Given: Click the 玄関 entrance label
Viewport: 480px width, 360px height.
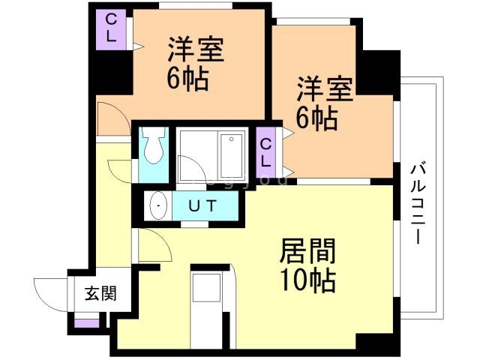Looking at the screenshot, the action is (100, 293).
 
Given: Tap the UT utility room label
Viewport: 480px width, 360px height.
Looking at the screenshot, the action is (202, 205).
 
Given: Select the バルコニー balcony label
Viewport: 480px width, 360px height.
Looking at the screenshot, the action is (418, 204).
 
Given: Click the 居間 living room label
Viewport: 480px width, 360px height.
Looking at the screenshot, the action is (307, 251).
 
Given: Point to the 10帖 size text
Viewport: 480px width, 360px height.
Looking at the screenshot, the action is (308, 280).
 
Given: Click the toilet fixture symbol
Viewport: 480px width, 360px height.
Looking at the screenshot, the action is (154, 145).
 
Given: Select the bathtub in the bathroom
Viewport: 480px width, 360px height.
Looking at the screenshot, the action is (232, 155).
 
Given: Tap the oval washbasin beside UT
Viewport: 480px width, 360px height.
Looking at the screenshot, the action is (159, 205).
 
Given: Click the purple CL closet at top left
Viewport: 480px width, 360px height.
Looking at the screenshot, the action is (111, 29).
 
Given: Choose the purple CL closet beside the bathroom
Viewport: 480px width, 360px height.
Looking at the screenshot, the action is (265, 152).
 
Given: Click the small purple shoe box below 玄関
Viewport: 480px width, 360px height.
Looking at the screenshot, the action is (87, 323).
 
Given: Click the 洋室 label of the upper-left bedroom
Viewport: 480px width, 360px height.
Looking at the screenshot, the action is (196, 49).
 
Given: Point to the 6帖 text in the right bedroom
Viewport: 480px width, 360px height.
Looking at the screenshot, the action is (317, 118).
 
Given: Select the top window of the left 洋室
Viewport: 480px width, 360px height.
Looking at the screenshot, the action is (196, 5).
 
